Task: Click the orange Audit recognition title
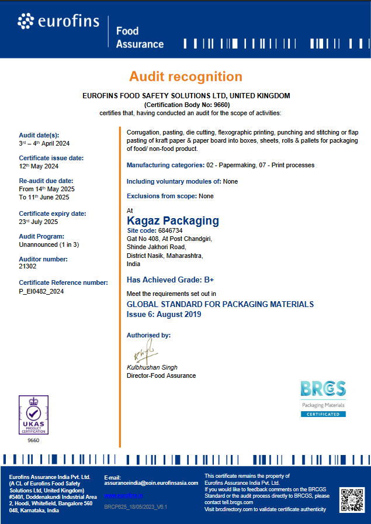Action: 186,77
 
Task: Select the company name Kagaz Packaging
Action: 173,220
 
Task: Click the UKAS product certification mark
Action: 33,415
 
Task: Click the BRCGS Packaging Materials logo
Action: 323,398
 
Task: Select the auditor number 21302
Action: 28,266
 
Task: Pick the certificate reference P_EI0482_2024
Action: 41,291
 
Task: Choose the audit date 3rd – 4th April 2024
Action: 44,143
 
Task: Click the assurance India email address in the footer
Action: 151,483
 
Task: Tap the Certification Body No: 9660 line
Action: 186,104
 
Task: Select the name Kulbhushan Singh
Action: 152,367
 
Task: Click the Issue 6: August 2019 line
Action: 164,314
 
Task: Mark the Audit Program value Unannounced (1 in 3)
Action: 48,244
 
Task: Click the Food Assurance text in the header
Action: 140,37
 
